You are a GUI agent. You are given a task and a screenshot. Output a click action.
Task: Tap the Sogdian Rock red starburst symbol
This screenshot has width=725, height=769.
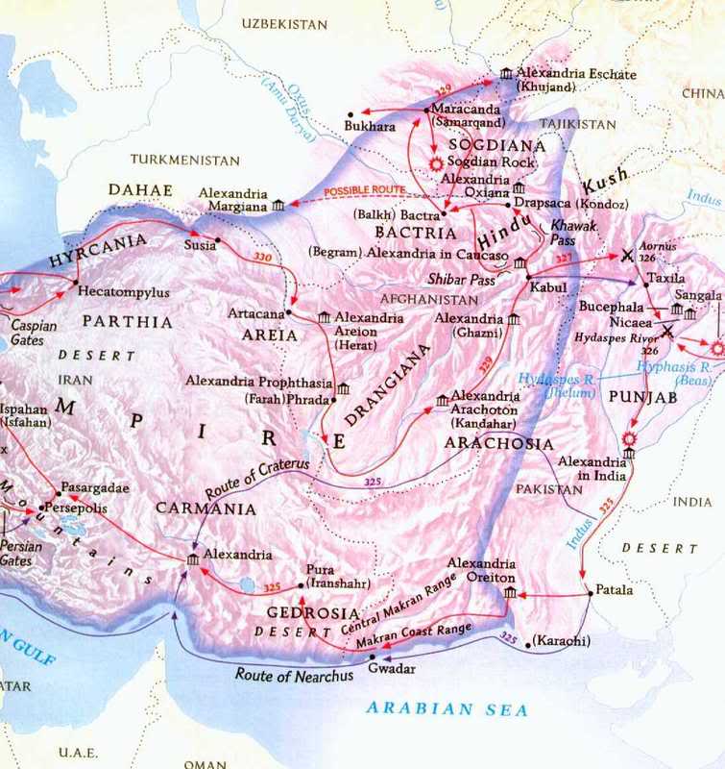click(x=438, y=163)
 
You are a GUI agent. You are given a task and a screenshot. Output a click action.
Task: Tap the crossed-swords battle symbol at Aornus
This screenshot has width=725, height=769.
click(x=627, y=256)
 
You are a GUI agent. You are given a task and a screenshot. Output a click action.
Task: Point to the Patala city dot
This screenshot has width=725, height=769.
click(x=590, y=594)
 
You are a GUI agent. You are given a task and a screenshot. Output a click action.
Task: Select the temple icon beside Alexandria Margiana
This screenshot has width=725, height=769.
click(x=278, y=205)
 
